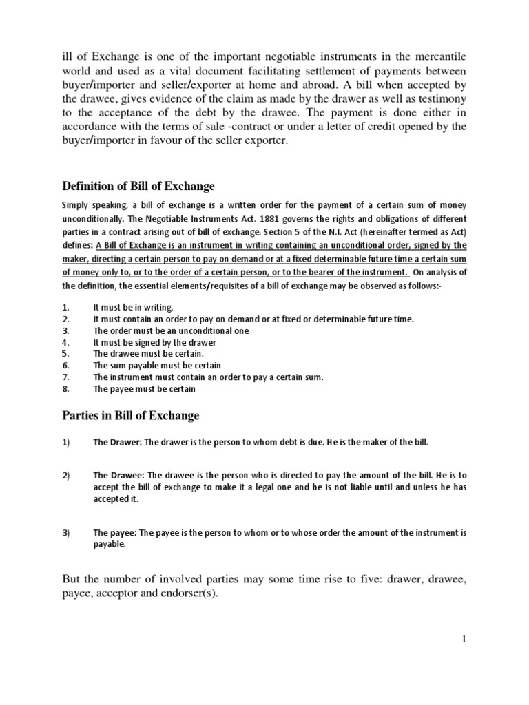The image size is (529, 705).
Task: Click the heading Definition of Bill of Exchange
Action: click(138, 186)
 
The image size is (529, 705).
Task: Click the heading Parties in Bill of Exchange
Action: click(131, 415)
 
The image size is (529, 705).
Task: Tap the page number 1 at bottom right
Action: click(464, 640)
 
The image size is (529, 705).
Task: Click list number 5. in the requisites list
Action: click(65, 354)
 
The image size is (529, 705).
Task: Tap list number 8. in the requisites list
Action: click(65, 389)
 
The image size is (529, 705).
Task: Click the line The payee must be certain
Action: click(145, 389)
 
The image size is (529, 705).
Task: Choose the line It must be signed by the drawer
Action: click(155, 342)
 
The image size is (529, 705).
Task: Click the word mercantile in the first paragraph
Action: click(438, 56)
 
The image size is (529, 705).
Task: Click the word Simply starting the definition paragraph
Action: click(76, 206)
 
